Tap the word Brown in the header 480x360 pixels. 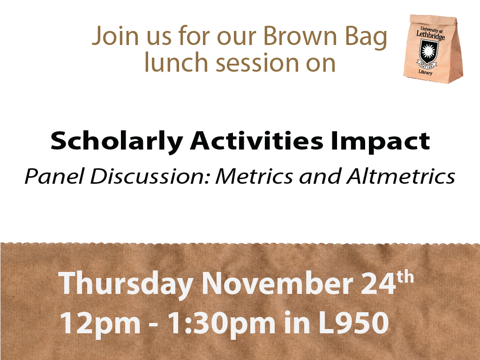pos(300,36)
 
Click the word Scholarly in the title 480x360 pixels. pos(117,142)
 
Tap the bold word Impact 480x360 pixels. pos(380,142)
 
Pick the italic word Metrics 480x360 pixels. pos(254,176)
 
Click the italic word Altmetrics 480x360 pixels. pos(401,176)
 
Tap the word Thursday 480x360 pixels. pos(126,283)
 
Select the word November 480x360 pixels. pos(277,283)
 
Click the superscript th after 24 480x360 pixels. pos(405,277)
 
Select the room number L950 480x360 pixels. pos(354,322)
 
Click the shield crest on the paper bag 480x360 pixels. pos(429,52)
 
